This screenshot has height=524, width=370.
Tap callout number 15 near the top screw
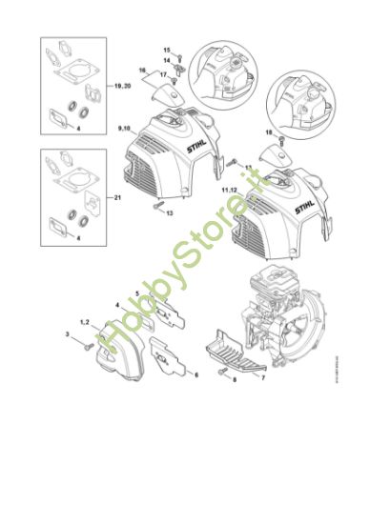166,50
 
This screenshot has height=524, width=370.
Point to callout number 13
169,214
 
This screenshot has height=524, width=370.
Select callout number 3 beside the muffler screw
68,335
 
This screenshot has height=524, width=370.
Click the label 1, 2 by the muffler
85,324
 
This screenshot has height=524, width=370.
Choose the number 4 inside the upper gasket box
78,127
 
